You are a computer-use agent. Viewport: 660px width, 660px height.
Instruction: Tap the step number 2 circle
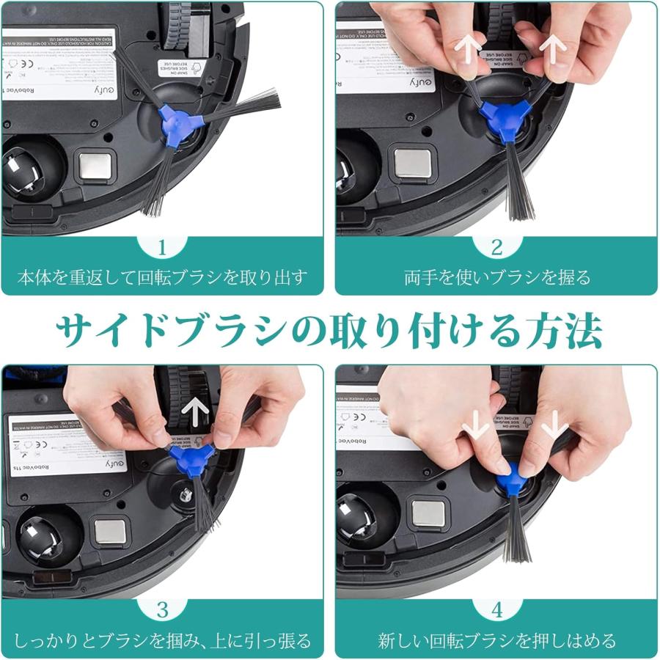(496, 247)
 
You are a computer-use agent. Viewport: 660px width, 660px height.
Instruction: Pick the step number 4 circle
(496, 609)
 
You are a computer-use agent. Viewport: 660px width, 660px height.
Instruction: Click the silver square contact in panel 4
(429, 514)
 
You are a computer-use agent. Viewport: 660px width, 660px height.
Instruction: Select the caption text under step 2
(496, 278)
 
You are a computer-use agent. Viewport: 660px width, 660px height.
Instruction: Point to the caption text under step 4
(496, 640)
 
